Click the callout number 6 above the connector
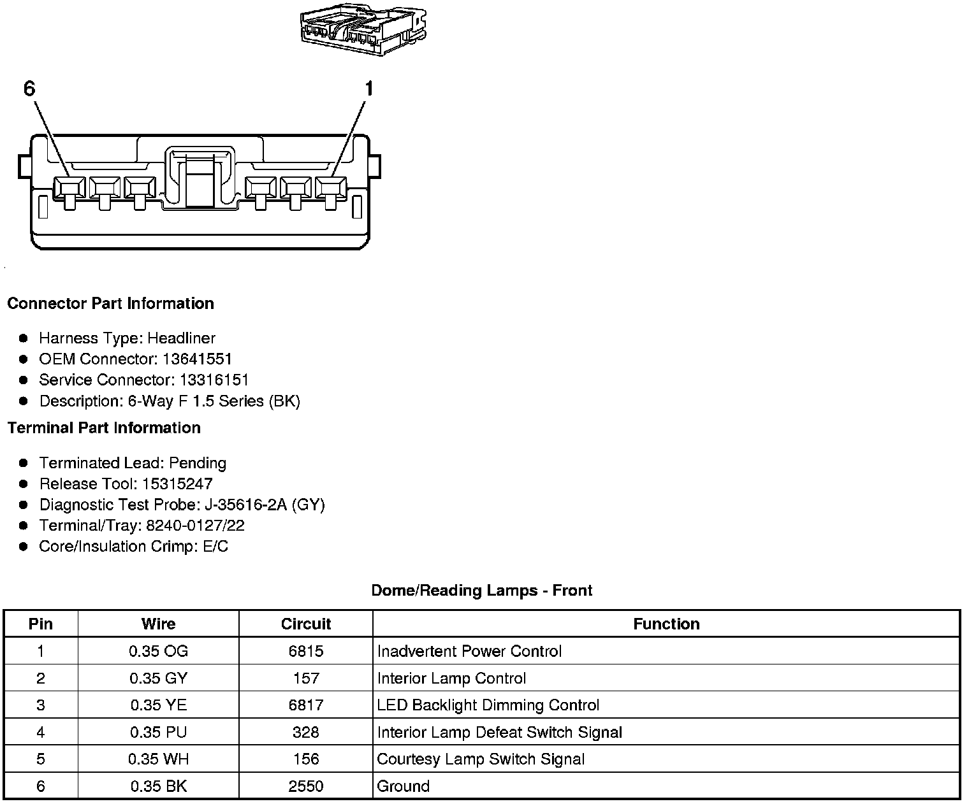29,89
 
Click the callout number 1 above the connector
368,89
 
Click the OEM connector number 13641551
197,359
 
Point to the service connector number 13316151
214,380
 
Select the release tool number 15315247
177,484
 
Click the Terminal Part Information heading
104,427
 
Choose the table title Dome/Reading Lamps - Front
482,591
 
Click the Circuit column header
306,624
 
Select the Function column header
666,624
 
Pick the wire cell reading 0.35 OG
158,651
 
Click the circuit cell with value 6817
306,705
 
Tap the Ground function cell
404,786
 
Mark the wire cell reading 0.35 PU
158,732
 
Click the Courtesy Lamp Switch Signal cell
481,759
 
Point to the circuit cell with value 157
306,678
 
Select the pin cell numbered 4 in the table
41,732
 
